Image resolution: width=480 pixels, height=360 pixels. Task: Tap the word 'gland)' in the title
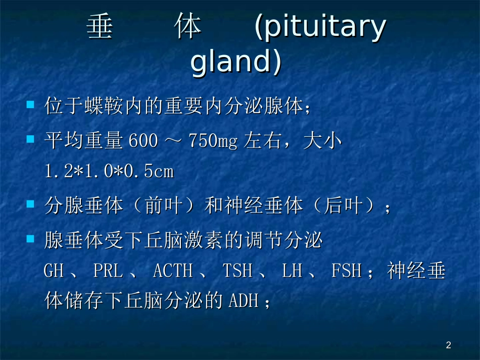click(235, 63)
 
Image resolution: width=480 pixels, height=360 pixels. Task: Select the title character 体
click(189, 28)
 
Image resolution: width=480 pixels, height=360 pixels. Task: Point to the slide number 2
click(448, 345)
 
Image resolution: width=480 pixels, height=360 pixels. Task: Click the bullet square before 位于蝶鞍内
click(30, 106)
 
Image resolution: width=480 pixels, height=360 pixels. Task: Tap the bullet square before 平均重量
click(30, 138)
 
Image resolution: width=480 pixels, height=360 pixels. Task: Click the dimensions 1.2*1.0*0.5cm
click(109, 172)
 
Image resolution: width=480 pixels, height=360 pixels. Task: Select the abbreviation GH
click(54, 272)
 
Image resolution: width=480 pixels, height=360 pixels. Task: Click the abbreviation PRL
click(108, 272)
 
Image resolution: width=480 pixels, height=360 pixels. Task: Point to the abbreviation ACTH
click(172, 272)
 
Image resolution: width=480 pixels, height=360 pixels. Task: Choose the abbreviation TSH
click(237, 272)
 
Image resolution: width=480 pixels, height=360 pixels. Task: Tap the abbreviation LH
click(292, 272)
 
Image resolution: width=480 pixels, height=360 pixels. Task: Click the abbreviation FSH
click(347, 272)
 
